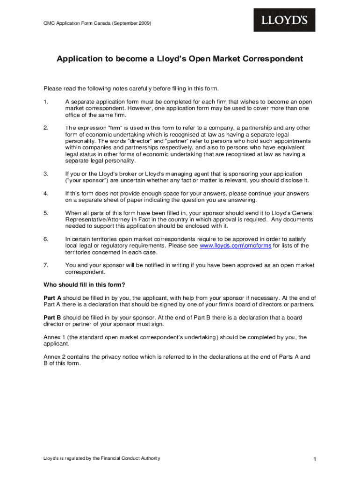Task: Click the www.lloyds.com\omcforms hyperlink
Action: click(x=235, y=246)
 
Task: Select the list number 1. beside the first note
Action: click(x=46, y=102)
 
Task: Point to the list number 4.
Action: click(x=46, y=193)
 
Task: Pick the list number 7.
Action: click(x=46, y=265)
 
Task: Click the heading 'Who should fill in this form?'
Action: click(x=84, y=285)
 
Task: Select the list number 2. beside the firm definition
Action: click(x=46, y=128)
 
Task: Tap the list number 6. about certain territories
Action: click(x=46, y=239)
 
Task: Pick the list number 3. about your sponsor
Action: click(x=46, y=174)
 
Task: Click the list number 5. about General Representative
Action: click(x=46, y=213)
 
